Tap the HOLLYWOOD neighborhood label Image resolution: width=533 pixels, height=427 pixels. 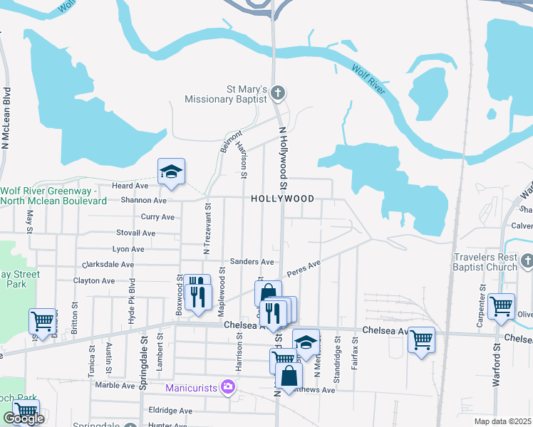(x=282, y=199)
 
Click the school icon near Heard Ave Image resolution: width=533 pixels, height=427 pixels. (x=171, y=172)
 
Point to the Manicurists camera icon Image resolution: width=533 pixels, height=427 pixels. (x=228, y=387)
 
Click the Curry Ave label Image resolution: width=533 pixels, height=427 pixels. (x=157, y=217)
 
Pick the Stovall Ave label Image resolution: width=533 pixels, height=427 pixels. (x=135, y=233)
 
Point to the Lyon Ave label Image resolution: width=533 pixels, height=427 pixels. (x=128, y=250)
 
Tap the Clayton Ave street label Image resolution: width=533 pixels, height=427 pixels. (x=94, y=281)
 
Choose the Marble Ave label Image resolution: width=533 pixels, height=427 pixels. (x=115, y=386)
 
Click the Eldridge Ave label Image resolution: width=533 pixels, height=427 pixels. (x=170, y=411)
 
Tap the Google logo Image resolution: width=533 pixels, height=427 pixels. (x=24, y=419)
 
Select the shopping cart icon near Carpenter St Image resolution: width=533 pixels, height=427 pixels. (x=502, y=305)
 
